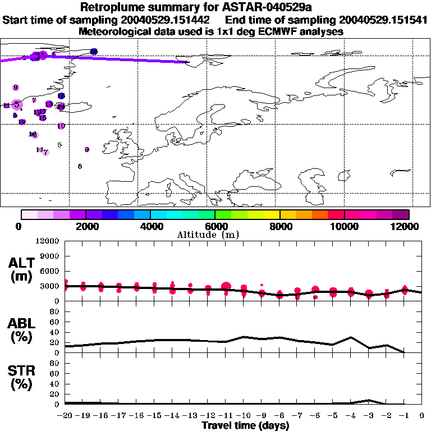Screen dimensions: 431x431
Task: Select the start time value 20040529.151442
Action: click(x=168, y=20)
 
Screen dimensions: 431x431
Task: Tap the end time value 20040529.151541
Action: click(x=372, y=20)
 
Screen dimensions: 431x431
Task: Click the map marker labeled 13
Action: click(x=49, y=104)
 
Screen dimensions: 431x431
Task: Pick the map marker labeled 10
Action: click(x=61, y=126)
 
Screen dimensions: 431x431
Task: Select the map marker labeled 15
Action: click(x=43, y=118)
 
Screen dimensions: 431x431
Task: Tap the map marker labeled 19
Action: click(x=22, y=122)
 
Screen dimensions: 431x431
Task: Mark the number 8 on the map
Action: click(x=80, y=166)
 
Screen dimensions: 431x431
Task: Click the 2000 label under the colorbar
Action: click(x=85, y=226)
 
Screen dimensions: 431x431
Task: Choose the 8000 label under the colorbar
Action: click(x=279, y=226)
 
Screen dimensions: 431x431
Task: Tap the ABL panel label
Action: click(x=21, y=330)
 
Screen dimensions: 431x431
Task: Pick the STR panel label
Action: click(x=21, y=378)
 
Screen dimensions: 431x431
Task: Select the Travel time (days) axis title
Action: click(x=245, y=425)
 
